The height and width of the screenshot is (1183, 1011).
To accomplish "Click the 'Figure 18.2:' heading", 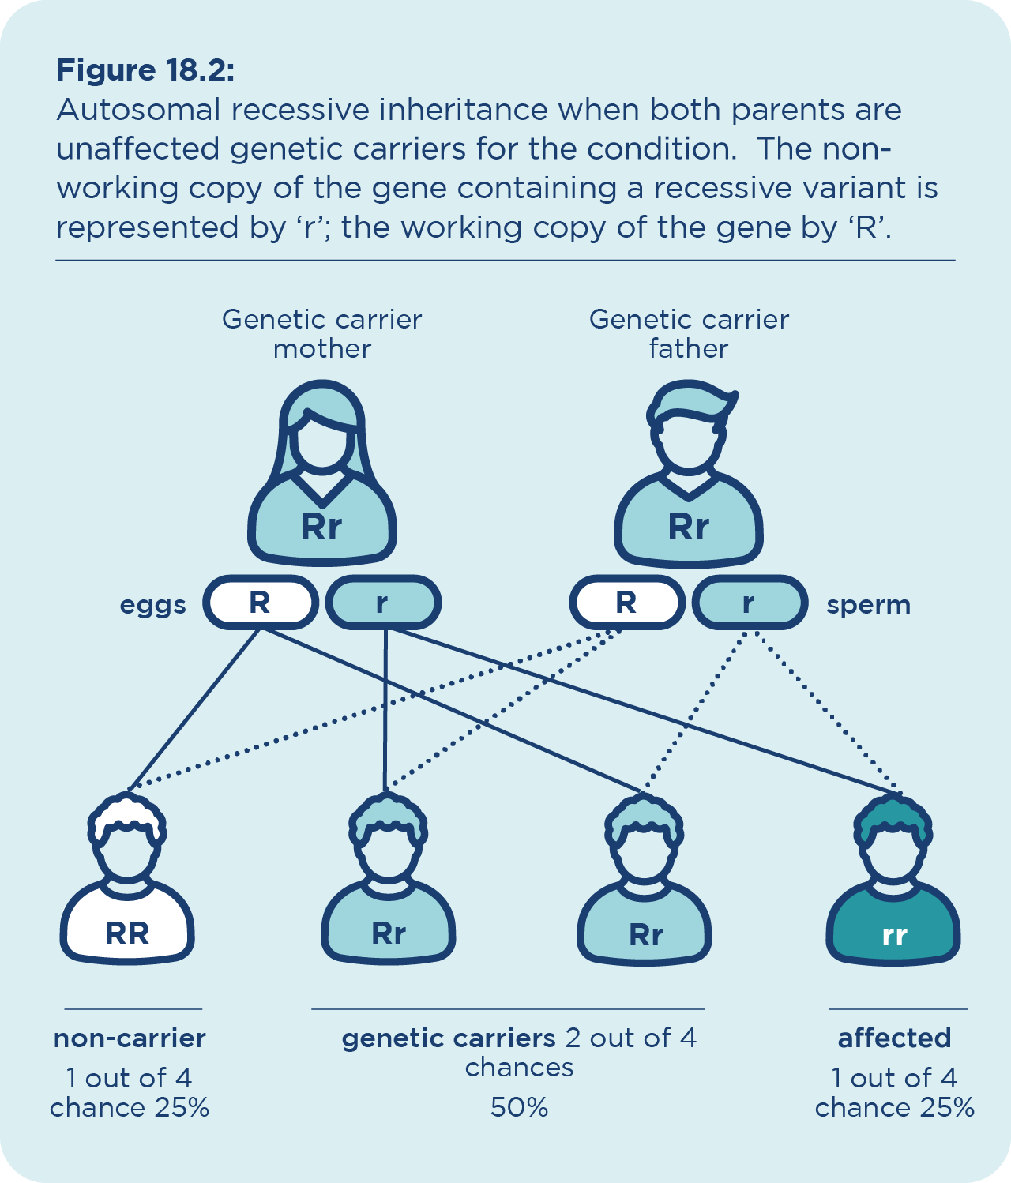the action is click(x=145, y=70).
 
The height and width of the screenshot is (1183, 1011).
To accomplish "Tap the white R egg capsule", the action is click(x=261, y=602).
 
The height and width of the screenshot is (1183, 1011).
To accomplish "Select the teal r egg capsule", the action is click(x=383, y=602).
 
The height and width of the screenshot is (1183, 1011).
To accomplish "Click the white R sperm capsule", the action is click(x=627, y=602).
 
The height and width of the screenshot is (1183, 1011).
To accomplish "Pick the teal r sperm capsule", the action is click(x=750, y=602).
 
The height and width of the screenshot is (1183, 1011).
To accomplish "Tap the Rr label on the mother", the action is click(x=321, y=527).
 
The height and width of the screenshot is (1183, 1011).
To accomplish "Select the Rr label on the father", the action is click(x=688, y=527).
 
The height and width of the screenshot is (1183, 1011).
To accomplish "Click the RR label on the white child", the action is click(x=127, y=933).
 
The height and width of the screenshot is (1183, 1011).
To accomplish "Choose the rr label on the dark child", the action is click(x=894, y=936).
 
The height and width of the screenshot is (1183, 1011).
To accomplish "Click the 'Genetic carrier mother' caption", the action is click(x=321, y=334).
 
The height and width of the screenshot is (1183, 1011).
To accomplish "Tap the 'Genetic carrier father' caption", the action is click(x=689, y=334).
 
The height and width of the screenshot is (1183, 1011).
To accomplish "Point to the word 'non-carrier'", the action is click(x=130, y=1038).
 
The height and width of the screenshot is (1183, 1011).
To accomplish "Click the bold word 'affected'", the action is click(x=894, y=1038).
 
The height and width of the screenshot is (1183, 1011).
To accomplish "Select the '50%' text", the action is click(x=519, y=1108).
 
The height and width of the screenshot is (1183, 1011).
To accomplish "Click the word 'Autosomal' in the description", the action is click(x=138, y=109).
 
